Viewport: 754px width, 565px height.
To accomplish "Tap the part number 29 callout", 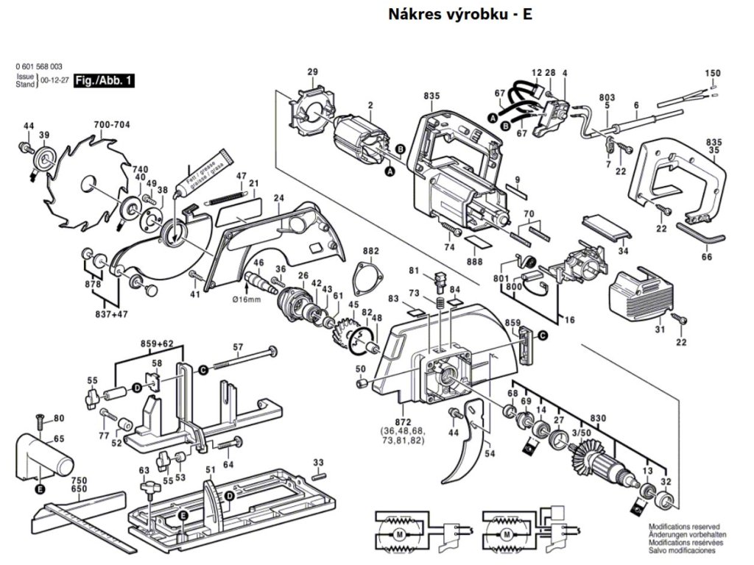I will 312,71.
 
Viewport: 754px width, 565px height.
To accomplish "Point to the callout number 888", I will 475,263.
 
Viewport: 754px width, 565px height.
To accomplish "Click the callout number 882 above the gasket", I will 370,251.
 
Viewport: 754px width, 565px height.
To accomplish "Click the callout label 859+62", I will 157,344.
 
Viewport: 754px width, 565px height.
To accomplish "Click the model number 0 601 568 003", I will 38,67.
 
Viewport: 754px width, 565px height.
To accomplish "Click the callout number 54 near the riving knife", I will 490,454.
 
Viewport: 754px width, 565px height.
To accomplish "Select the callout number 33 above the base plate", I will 318,462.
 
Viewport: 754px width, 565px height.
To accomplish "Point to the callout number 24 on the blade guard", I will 278,198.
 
